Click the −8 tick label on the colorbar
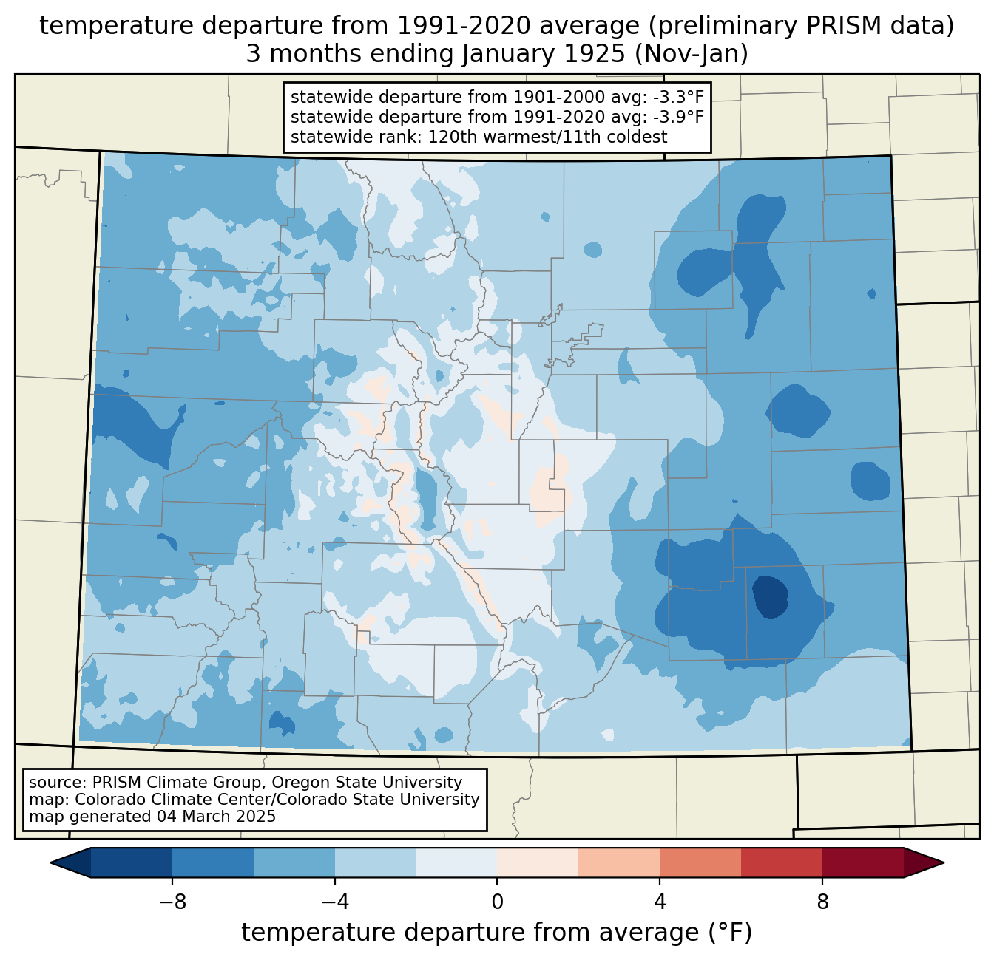(x=172, y=902)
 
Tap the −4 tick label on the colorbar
(x=334, y=902)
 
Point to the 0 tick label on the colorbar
(x=497, y=902)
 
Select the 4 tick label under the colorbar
(x=660, y=902)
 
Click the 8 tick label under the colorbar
(x=822, y=902)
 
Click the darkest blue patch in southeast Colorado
(x=770, y=596)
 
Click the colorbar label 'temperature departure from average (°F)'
(x=497, y=933)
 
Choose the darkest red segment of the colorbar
(x=862, y=862)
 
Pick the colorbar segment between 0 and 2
(x=538, y=862)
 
